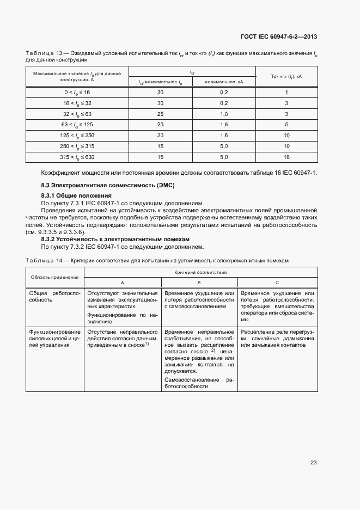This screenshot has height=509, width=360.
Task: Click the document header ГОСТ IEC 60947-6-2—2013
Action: (x=278, y=37)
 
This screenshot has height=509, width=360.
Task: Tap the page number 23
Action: (x=313, y=462)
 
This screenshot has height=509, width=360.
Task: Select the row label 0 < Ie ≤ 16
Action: (x=77, y=93)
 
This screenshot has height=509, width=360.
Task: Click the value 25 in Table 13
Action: (x=160, y=114)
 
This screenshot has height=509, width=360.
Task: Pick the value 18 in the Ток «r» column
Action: (x=286, y=157)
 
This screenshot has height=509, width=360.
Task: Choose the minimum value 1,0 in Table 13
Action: (x=223, y=114)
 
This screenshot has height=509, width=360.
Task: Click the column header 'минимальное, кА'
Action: (x=223, y=82)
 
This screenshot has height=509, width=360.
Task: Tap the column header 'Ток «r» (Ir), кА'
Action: (x=286, y=77)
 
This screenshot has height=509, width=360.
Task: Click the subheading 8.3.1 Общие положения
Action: (x=76, y=195)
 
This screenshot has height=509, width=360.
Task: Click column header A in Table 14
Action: (x=122, y=283)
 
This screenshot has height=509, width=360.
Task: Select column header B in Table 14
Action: (x=199, y=283)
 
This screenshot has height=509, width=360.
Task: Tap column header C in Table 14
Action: (x=277, y=283)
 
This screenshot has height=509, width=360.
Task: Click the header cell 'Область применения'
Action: (x=54, y=277)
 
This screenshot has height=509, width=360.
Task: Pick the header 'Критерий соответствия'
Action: (x=200, y=271)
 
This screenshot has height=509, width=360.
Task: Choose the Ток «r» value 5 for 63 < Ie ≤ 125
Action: (x=286, y=125)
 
